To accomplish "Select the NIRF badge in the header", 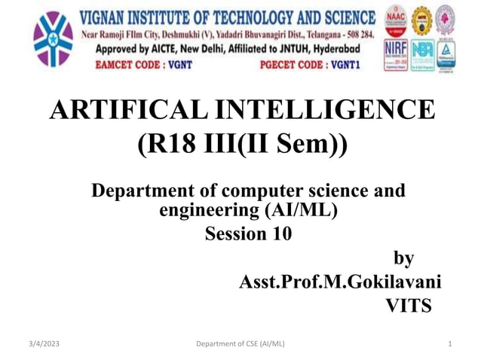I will (396, 52).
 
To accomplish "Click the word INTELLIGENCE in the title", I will (325, 110).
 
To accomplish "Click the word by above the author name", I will (404, 258).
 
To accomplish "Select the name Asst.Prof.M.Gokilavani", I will (340, 282).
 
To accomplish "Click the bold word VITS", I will (409, 306).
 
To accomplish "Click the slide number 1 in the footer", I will (449, 344).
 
